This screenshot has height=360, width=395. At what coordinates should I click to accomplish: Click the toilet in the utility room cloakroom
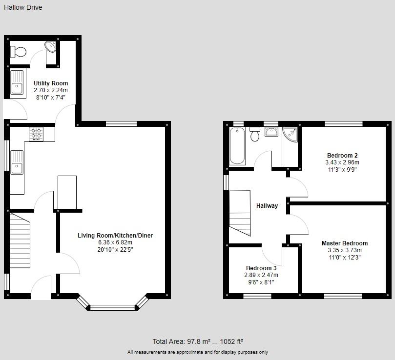click(18, 52)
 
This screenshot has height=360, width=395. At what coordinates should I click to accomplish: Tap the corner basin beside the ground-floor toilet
click(51, 47)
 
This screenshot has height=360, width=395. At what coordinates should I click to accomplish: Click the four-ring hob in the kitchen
click(36, 134)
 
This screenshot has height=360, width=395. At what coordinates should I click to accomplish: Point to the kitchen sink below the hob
click(17, 162)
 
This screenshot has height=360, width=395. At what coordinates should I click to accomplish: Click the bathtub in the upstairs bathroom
click(237, 146)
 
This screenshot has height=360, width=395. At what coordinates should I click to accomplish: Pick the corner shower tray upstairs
click(290, 135)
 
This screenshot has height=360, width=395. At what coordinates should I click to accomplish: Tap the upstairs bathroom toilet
click(255, 134)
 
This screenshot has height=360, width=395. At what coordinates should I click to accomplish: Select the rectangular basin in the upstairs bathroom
click(271, 132)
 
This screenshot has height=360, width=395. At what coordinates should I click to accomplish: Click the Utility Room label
click(51, 83)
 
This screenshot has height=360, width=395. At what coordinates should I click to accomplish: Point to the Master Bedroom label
click(345, 243)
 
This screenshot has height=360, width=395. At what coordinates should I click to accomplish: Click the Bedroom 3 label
click(261, 268)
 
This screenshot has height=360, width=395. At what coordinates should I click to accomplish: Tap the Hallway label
click(267, 206)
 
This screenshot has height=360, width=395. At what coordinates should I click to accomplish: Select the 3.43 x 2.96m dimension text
click(342, 162)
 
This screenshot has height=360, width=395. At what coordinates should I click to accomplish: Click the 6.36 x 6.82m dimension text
click(115, 242)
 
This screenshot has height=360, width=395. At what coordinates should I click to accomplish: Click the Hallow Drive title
click(23, 7)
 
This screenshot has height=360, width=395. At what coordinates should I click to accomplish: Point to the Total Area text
click(198, 341)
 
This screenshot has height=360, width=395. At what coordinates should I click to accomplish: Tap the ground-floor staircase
click(20, 240)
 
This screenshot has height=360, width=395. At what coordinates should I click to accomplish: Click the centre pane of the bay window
click(113, 307)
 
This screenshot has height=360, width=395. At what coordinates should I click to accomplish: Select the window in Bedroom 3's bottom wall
click(257, 296)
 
